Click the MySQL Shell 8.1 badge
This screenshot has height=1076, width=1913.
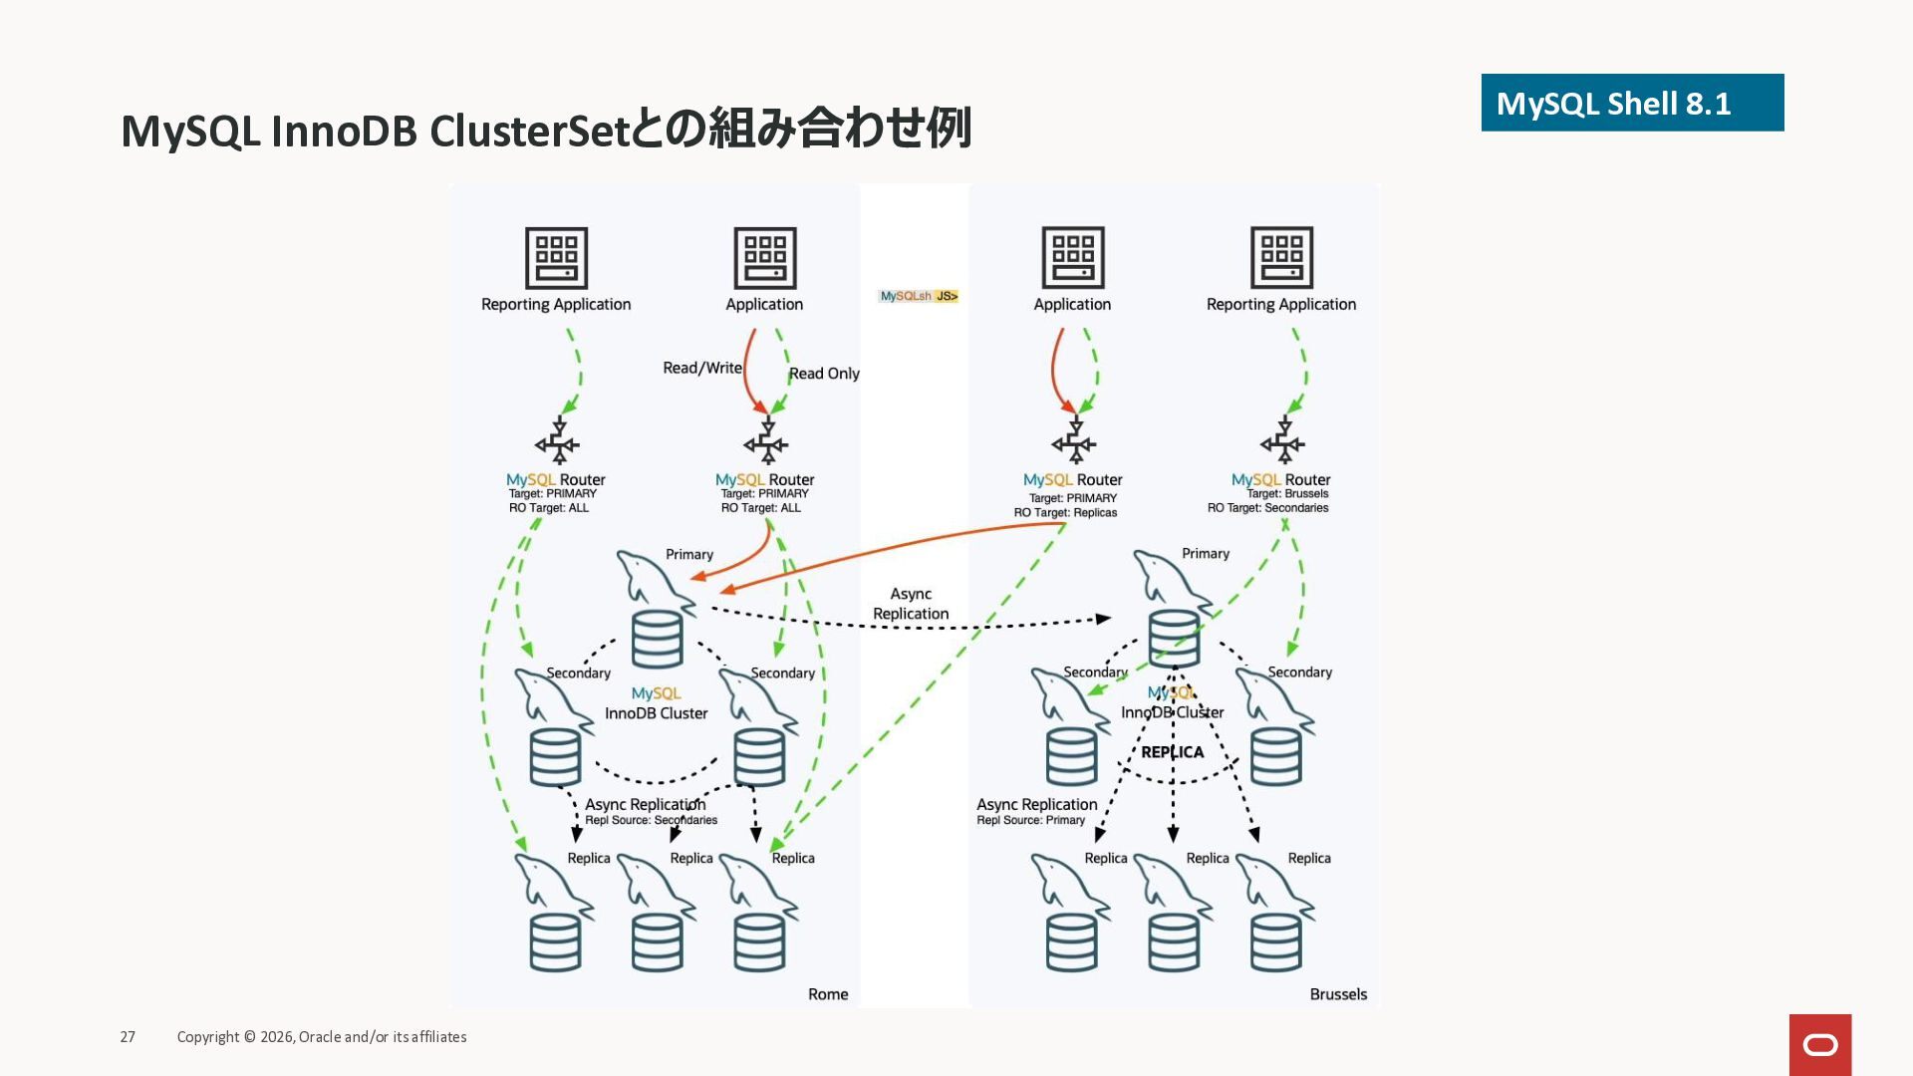[x=1631, y=103]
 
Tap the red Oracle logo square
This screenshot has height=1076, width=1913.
[x=1819, y=1044]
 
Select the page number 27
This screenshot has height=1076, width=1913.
[x=128, y=1037]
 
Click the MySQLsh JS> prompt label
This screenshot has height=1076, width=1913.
[x=918, y=296]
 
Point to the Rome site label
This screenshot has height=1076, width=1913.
[x=828, y=994]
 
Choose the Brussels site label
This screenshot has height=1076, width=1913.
[x=1338, y=994]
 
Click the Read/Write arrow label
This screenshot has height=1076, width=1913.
[x=702, y=368]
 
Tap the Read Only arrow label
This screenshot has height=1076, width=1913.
[x=824, y=374]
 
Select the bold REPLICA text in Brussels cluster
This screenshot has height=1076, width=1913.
[x=1173, y=752]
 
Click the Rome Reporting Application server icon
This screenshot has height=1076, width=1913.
[x=556, y=258]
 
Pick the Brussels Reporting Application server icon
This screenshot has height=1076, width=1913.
[x=1281, y=258]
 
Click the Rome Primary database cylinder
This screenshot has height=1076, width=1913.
[x=658, y=639]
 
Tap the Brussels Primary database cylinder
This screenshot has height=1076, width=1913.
[x=1174, y=638]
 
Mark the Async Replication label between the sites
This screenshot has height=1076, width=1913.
[x=911, y=604]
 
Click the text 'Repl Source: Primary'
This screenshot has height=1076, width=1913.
[x=1030, y=820]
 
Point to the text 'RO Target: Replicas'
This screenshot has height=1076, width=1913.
[x=1065, y=513]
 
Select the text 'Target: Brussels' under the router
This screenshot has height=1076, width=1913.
[x=1287, y=493]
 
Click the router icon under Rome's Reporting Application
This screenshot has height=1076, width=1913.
[x=557, y=442]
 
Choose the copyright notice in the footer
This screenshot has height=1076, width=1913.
[x=322, y=1037]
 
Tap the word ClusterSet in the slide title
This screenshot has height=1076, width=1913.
[x=528, y=131]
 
